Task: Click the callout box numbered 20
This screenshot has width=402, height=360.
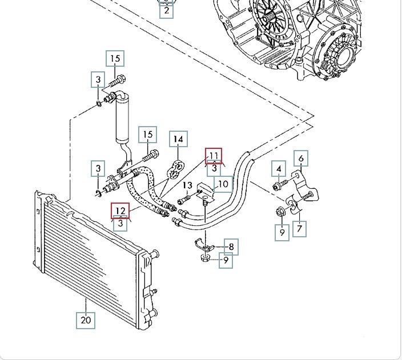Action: (86, 320)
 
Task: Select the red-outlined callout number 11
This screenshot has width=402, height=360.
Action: (214, 155)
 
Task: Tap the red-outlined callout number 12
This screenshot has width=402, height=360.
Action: (120, 211)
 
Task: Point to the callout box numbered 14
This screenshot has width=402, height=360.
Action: (178, 139)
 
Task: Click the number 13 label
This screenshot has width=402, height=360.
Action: (188, 185)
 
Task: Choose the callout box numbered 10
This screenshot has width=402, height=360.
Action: (223, 184)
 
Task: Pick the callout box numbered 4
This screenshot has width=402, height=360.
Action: (279, 169)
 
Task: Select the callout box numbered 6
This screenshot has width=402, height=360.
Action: (301, 158)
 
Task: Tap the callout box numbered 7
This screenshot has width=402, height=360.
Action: (300, 229)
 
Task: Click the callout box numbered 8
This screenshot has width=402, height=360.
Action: (231, 247)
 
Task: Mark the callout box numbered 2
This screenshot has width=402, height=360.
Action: (166, 10)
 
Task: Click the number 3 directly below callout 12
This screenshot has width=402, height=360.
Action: (120, 224)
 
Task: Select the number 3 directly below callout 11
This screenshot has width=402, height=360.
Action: (214, 168)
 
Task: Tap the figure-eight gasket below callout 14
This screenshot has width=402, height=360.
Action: (177, 166)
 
